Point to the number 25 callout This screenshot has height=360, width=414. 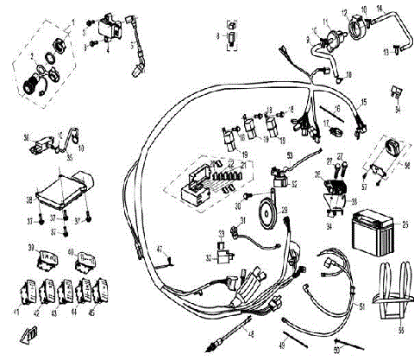(x=405, y=224)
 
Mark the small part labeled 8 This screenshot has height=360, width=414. (x=232, y=36)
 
